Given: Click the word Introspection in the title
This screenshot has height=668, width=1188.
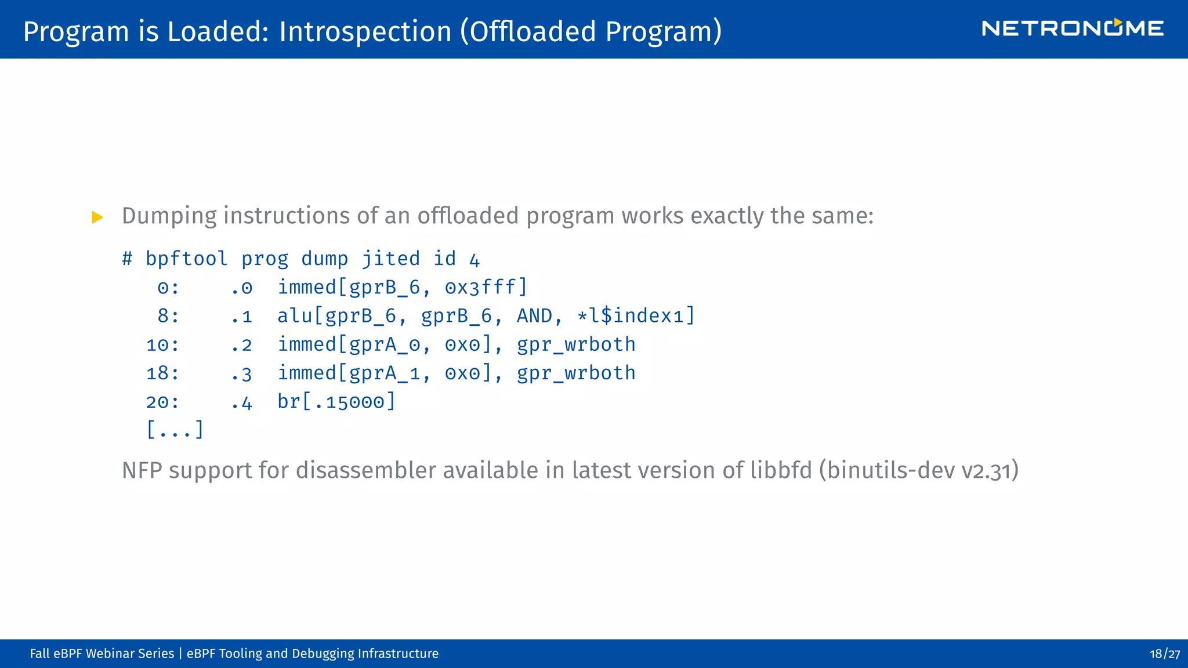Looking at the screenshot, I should [365, 31].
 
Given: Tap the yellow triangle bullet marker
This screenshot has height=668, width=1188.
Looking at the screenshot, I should [97, 217].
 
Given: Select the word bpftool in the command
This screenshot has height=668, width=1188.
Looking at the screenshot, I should [186, 259].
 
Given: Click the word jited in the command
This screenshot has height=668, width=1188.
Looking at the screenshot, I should [390, 259].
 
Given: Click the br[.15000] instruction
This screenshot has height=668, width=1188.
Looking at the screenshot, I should [336, 401].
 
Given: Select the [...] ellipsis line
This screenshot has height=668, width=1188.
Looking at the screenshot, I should [175, 430].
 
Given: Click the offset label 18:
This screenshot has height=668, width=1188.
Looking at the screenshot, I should [162, 373].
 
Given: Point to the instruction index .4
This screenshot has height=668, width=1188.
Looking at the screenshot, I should [241, 402].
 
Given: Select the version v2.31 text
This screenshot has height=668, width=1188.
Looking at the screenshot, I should [986, 471].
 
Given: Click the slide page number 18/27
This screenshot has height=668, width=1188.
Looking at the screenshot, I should [1164, 654].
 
